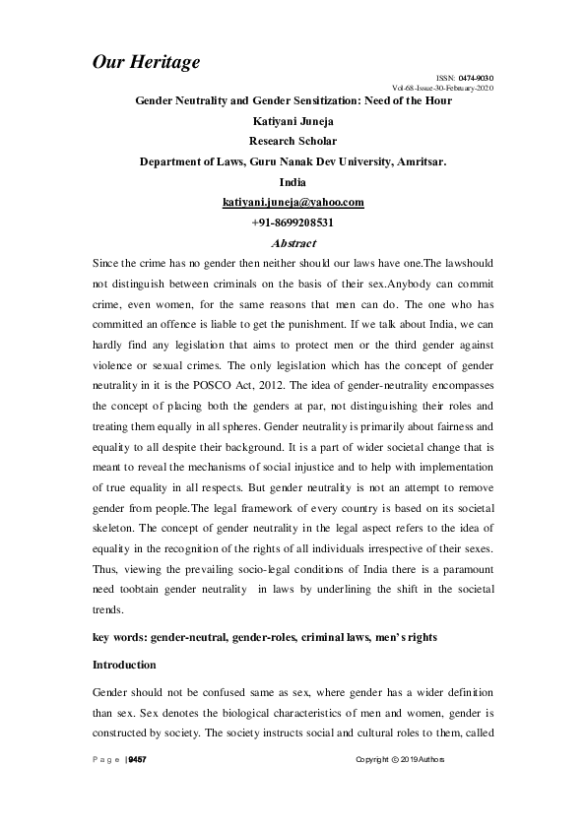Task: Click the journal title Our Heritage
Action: click(x=146, y=62)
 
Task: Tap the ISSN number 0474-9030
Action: click(x=476, y=78)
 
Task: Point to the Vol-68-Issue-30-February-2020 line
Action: click(x=442, y=88)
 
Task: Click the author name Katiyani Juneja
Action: click(x=293, y=122)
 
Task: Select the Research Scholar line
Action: click(x=293, y=142)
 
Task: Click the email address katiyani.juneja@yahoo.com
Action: click(x=293, y=202)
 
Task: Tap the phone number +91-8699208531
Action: click(x=293, y=223)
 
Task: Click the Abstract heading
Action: click(x=292, y=242)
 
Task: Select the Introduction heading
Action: click(x=124, y=666)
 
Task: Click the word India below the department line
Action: click(x=293, y=182)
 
